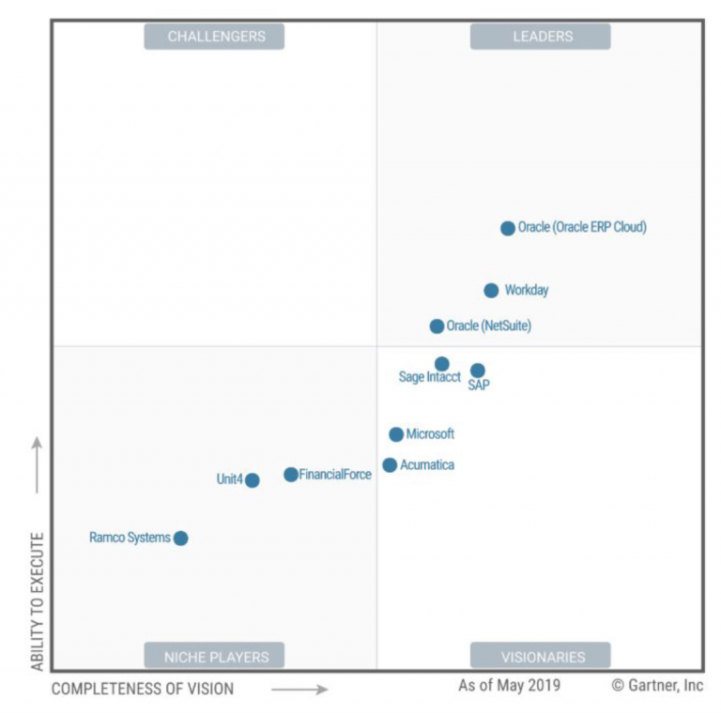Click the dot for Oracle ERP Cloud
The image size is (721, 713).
pyautogui.click(x=508, y=228)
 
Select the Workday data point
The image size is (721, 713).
pyautogui.click(x=491, y=291)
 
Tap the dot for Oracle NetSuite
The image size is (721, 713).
pyautogui.click(x=437, y=326)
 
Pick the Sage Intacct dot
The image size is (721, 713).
pyautogui.click(x=442, y=364)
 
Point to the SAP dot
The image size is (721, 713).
pyautogui.click(x=478, y=371)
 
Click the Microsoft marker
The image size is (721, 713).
pyautogui.click(x=396, y=434)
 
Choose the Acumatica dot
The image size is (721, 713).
pyautogui.click(x=390, y=465)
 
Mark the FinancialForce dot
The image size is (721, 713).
pyautogui.click(x=291, y=475)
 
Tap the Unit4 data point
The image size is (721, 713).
pyautogui.click(x=253, y=480)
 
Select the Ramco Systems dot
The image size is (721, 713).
pyautogui.click(x=181, y=539)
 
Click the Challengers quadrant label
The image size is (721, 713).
pyautogui.click(x=215, y=37)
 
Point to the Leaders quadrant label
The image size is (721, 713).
pyautogui.click(x=542, y=37)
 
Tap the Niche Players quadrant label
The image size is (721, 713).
pyautogui.click(x=215, y=657)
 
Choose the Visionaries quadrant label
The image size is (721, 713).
pyautogui.click(x=542, y=657)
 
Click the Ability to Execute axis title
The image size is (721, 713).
pyautogui.click(x=38, y=600)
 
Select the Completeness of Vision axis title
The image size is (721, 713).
pyautogui.click(x=143, y=690)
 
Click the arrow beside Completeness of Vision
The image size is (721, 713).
pyautogui.click(x=300, y=690)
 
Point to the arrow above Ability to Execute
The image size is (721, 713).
pyautogui.click(x=38, y=464)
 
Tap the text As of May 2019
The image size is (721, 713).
pyautogui.click(x=509, y=686)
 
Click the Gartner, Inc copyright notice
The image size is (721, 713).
pyautogui.click(x=657, y=686)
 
